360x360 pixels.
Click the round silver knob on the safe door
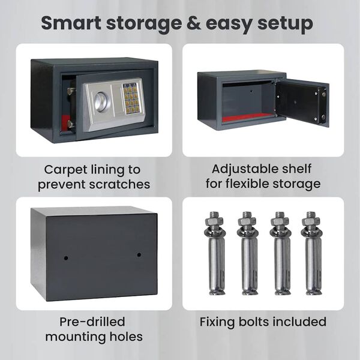click(100, 102)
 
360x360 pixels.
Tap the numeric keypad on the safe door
click(130, 99)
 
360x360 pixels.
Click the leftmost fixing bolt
click(215, 253)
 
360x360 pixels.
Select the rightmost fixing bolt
click(312, 253)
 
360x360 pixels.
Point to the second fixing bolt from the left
click(247, 253)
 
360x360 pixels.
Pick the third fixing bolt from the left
click(280, 253)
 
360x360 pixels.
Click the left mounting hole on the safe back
click(66, 258)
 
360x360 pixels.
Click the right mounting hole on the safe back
click(139, 254)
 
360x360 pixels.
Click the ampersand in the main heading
click(194, 23)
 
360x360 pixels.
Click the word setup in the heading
click(286, 25)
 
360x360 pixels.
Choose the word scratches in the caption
click(119, 184)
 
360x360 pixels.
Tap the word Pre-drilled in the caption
click(92, 322)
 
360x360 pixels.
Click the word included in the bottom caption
click(298, 322)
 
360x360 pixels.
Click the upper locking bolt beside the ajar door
click(71, 91)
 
